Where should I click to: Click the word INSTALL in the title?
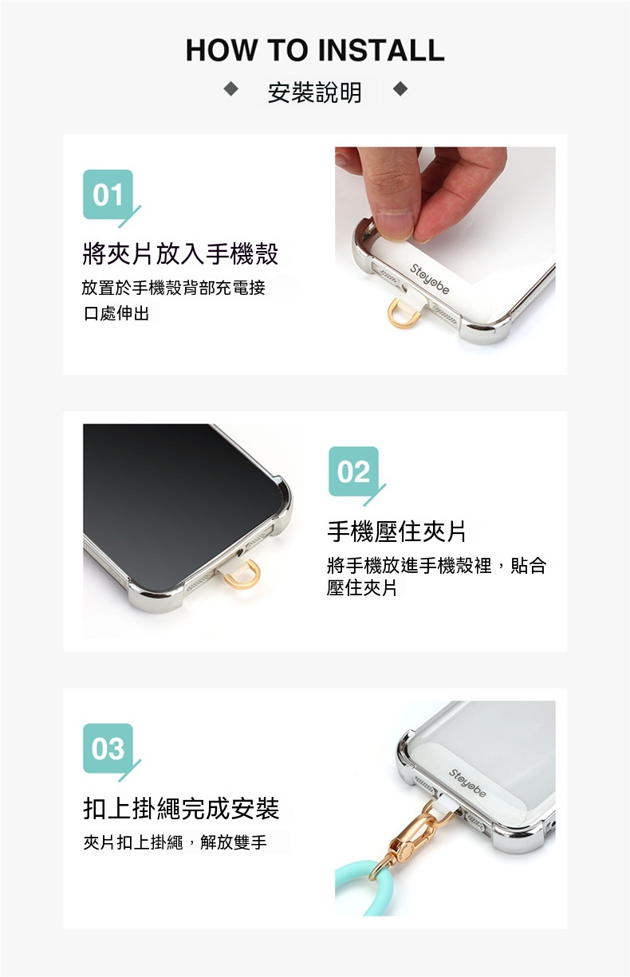[x=381, y=49]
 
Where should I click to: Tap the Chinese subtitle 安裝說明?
[x=315, y=92]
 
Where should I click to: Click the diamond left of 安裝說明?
[x=230, y=89]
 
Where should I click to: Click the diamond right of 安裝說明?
[x=400, y=89]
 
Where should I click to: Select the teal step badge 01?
[x=108, y=194]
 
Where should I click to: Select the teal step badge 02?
[x=353, y=472]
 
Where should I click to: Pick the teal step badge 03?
[x=108, y=748]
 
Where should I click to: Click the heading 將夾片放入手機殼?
[x=180, y=254]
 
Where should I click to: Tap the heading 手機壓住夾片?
[x=396, y=532]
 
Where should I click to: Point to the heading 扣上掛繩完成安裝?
[x=181, y=808]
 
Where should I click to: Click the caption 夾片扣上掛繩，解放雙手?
[x=175, y=842]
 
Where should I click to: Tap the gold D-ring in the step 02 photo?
[x=242, y=575]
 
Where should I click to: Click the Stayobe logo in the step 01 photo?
[x=429, y=279]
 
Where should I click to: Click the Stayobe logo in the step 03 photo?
[x=467, y=783]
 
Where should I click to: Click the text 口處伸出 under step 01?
[x=116, y=313]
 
